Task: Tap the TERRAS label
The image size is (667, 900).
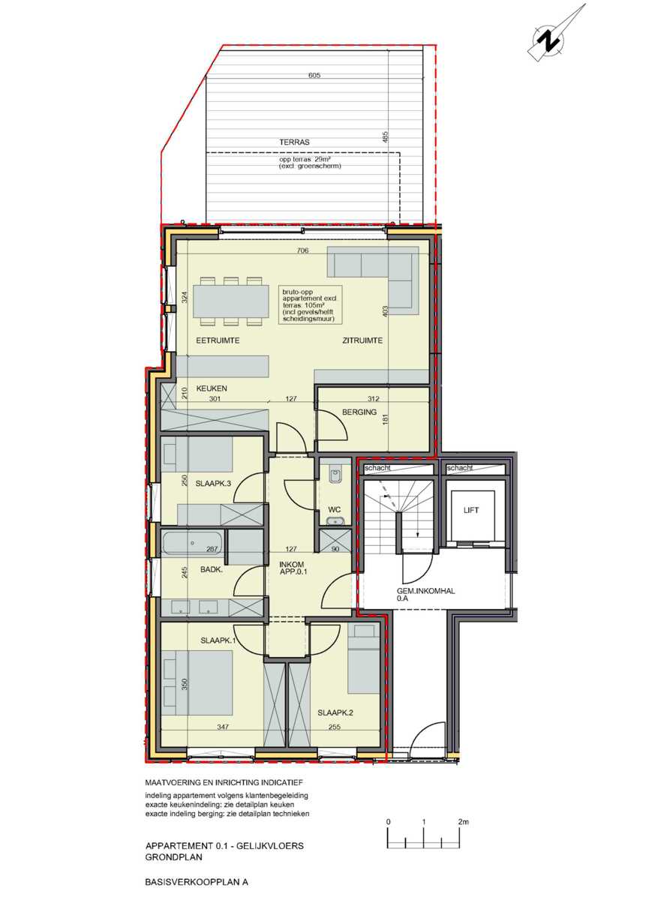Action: (294, 142)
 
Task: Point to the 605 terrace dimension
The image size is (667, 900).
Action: (314, 76)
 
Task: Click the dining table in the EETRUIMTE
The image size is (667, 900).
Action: (231, 300)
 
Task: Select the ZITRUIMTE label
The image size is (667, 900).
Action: (362, 340)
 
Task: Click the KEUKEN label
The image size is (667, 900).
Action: (212, 388)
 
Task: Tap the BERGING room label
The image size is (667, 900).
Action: (358, 412)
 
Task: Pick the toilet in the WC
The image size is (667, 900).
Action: (335, 473)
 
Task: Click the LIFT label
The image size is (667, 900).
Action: (471, 511)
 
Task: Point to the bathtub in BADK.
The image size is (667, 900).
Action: (193, 542)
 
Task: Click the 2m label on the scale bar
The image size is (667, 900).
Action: (462, 822)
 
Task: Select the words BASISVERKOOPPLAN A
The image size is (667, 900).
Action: (197, 883)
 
